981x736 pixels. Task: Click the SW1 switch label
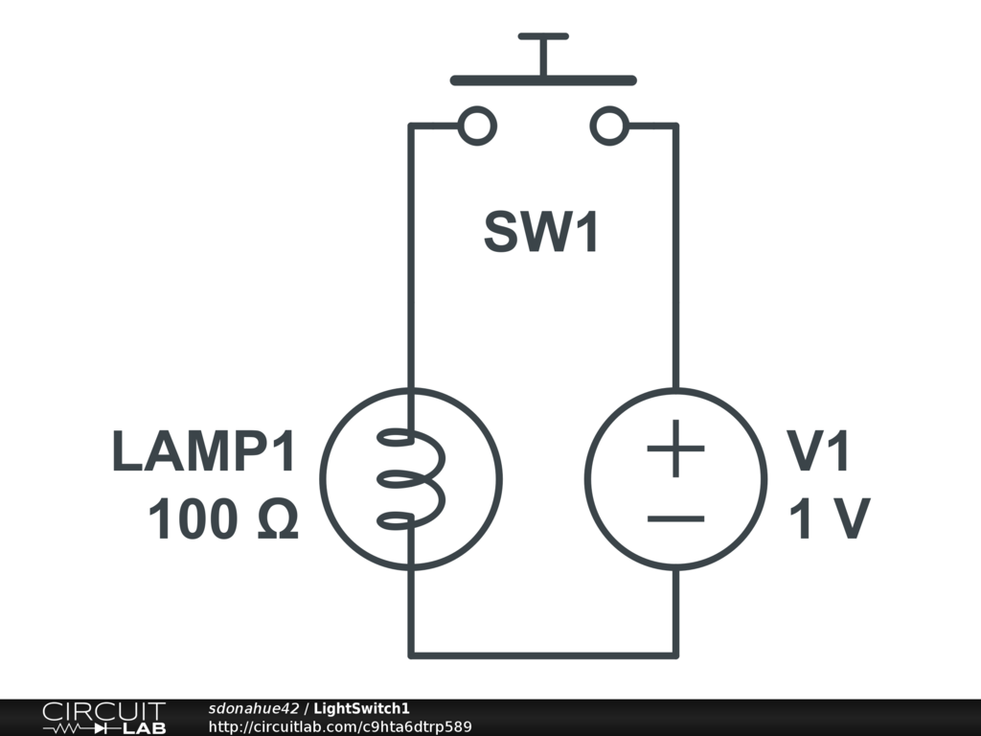click(x=541, y=232)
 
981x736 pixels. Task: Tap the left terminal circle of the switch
click(x=476, y=126)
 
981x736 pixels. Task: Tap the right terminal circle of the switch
click(x=610, y=126)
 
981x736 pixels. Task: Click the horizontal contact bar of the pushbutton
click(x=542, y=80)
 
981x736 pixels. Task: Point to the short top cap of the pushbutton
click(x=543, y=36)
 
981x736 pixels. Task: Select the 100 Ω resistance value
click(x=222, y=520)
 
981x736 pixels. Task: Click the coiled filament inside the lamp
click(x=414, y=479)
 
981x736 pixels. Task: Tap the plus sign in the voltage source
click(x=675, y=448)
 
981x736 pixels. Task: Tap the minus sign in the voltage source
click(x=675, y=518)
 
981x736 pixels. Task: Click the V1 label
click(x=819, y=452)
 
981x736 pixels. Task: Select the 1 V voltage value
click(x=829, y=520)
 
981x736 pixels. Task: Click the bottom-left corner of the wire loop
click(x=411, y=655)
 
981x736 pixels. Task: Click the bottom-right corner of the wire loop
click(x=675, y=655)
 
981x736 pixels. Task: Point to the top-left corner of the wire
click(x=411, y=126)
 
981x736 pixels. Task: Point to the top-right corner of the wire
click(x=675, y=126)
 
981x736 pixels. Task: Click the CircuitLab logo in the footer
click(x=103, y=717)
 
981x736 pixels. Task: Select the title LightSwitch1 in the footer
click(x=362, y=708)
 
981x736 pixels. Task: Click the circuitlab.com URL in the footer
click(x=340, y=726)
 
